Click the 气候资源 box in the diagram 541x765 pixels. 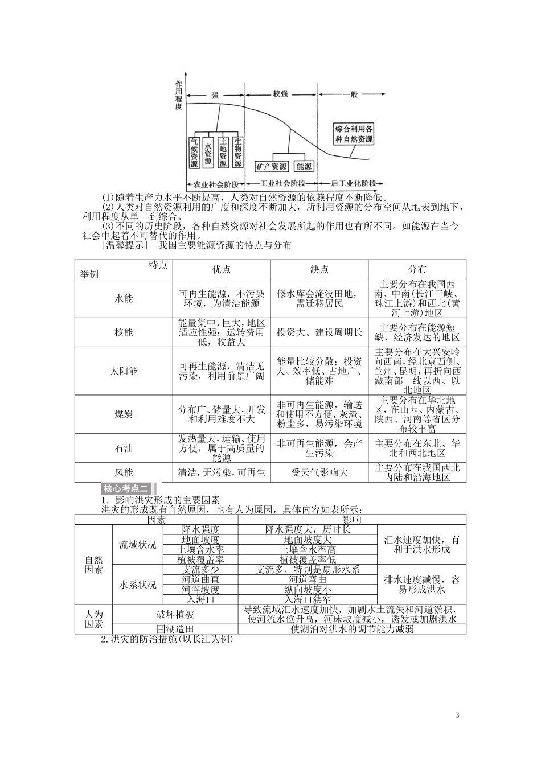(195, 153)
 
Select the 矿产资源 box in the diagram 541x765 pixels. (271, 167)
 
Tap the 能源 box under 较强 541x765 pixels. (304, 167)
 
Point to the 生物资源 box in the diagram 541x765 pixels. (238, 153)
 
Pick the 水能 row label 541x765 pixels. (124, 298)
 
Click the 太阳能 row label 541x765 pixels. (124, 371)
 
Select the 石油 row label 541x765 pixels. (124, 448)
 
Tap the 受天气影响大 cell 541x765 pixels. (319, 472)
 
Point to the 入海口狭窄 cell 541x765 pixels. (308, 599)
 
